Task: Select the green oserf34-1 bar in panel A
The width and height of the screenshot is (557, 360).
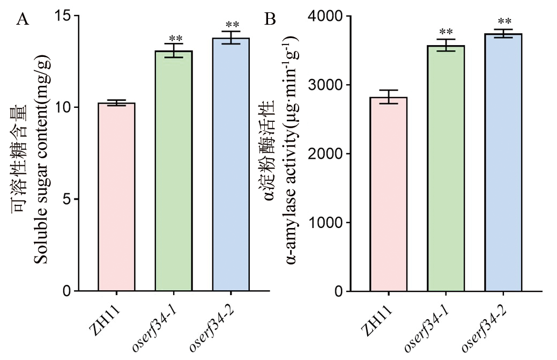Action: coord(174,171)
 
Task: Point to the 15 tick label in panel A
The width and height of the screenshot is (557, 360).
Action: coord(63,16)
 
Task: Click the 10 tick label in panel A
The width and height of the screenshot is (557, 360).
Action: coord(63,107)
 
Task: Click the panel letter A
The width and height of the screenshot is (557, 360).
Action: coord(23,20)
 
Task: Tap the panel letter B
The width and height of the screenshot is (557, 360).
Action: coord(271,20)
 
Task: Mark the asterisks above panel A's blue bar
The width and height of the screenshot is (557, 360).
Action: coord(232,25)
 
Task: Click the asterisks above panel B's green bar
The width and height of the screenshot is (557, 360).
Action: coord(446,32)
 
